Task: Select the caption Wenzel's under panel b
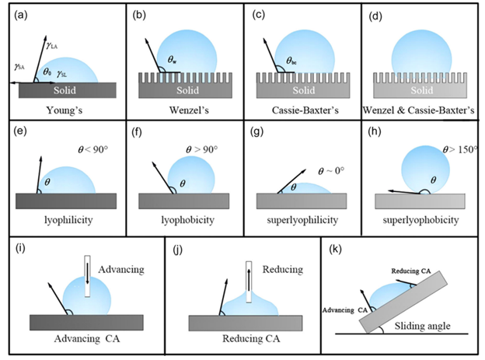(184, 110)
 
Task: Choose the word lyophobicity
(184, 220)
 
